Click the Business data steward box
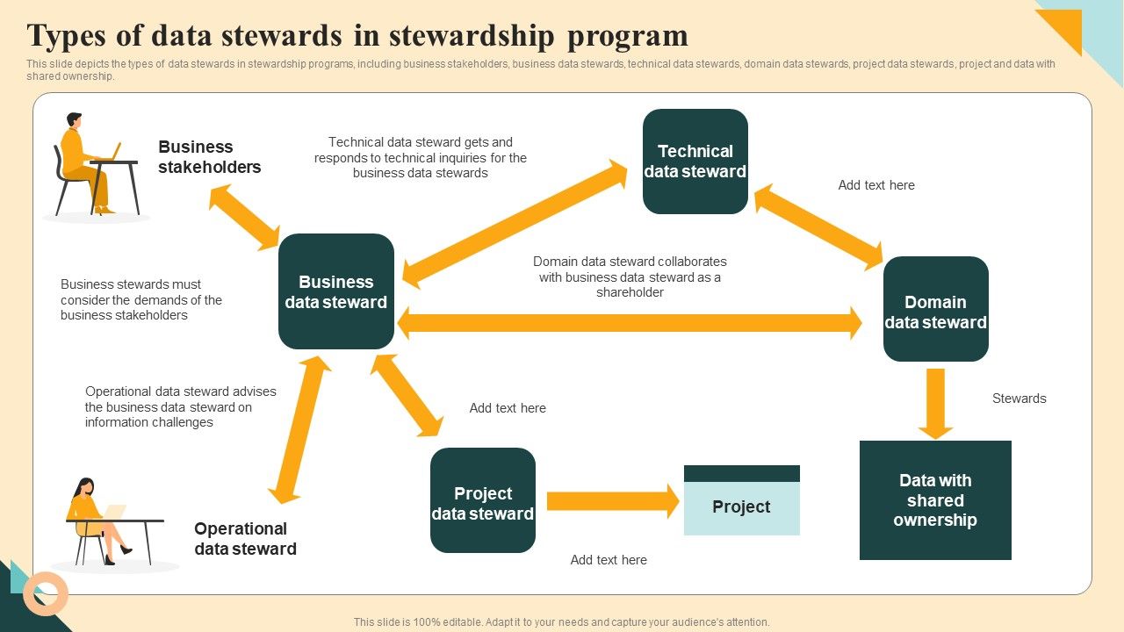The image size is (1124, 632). [336, 291]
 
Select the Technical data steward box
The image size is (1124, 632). [695, 162]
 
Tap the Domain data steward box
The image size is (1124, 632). [936, 309]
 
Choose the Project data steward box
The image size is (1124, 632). [483, 500]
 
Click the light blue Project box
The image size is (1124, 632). [742, 507]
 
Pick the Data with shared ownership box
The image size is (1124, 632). [935, 500]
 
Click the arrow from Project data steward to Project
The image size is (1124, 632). [613, 501]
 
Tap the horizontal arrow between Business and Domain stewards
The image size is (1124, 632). [629, 323]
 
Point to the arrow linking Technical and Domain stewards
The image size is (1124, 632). [818, 226]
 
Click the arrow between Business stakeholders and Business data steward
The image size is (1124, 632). [244, 218]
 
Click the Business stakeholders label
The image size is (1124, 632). [210, 157]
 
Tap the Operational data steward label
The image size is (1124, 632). [245, 539]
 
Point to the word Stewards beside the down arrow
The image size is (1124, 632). [1019, 399]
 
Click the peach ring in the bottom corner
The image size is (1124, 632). [46, 593]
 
